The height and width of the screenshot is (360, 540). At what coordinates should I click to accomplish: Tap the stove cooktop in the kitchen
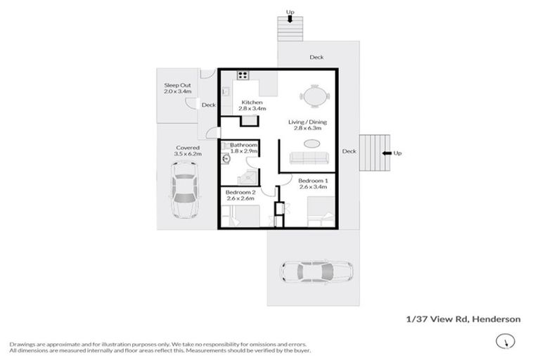click(243, 75)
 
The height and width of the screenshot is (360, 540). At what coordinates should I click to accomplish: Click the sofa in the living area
click(308, 157)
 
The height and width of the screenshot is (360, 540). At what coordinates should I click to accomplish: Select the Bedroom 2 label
click(238, 192)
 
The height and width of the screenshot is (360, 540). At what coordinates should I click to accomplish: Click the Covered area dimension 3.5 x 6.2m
click(188, 154)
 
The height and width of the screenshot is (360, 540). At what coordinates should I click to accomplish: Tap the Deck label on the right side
click(349, 151)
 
